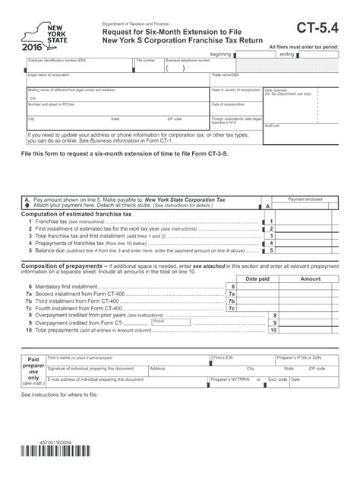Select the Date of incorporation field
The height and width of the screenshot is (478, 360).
(235, 109)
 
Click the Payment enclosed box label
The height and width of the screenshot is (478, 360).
(311, 200)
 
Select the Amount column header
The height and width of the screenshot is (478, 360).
(311, 279)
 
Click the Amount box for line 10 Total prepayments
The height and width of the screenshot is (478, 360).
(311, 330)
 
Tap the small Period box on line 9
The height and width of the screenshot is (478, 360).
(159, 322)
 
